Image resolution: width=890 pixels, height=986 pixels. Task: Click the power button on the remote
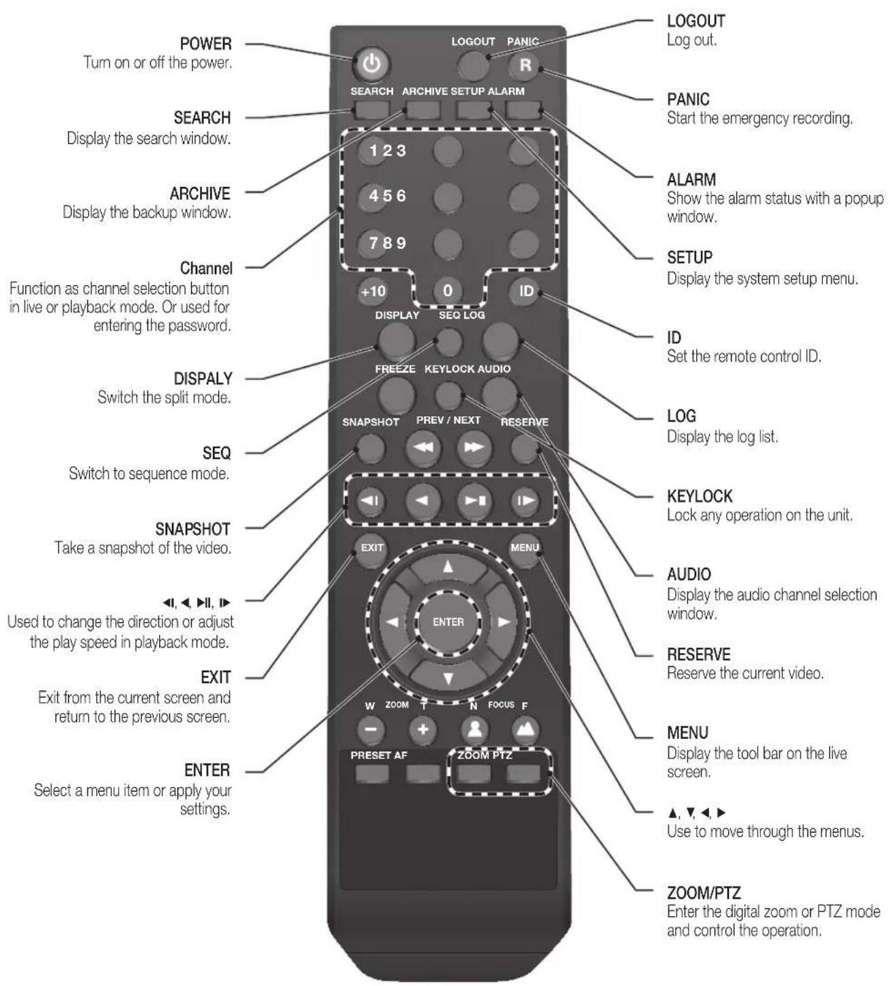(x=372, y=64)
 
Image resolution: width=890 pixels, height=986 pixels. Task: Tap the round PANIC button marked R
(x=524, y=66)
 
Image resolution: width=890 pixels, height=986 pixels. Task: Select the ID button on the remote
(x=525, y=291)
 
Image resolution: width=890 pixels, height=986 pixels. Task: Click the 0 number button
(x=448, y=291)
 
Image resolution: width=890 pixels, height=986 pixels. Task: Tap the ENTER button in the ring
(x=448, y=622)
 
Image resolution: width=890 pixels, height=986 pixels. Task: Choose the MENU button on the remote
(x=524, y=548)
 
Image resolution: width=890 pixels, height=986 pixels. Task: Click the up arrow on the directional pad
(x=448, y=567)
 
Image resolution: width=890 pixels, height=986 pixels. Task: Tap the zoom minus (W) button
(x=371, y=729)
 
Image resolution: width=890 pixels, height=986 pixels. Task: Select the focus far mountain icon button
(x=525, y=729)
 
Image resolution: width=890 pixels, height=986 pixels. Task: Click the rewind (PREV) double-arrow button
(x=423, y=448)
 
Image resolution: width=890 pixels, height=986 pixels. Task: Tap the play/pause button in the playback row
(x=474, y=501)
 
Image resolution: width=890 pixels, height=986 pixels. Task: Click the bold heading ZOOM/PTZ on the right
(x=704, y=893)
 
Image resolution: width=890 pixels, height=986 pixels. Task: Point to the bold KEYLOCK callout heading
(x=700, y=496)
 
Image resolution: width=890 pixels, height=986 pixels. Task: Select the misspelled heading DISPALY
(x=202, y=379)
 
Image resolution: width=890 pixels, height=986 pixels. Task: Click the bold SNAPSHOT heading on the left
(x=192, y=529)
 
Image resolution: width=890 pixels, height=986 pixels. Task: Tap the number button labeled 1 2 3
(x=374, y=150)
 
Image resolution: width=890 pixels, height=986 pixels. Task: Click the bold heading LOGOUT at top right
(x=695, y=20)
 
